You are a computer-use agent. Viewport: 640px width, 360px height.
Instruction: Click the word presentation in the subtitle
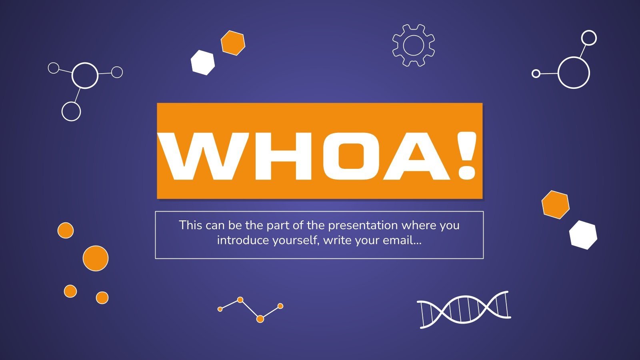[363, 226]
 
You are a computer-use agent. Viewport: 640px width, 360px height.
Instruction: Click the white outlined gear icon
[414, 46]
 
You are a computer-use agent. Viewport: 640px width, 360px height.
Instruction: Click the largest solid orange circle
[96, 258]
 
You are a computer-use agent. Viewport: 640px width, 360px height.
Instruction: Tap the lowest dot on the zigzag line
[260, 319]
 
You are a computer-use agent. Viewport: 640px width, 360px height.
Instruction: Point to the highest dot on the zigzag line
[240, 300]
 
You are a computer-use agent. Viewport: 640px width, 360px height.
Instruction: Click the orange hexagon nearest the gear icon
[233, 43]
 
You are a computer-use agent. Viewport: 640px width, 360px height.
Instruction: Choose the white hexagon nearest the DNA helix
[583, 235]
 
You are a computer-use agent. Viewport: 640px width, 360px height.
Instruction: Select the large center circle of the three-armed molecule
[85, 76]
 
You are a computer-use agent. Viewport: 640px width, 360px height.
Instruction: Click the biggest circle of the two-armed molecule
[574, 72]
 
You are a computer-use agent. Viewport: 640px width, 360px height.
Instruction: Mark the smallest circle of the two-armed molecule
[536, 74]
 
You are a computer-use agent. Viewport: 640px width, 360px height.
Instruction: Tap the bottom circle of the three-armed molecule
[71, 112]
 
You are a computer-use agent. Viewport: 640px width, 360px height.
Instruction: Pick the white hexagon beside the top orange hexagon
[202, 62]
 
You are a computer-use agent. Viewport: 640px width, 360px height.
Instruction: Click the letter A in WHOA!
[418, 156]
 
